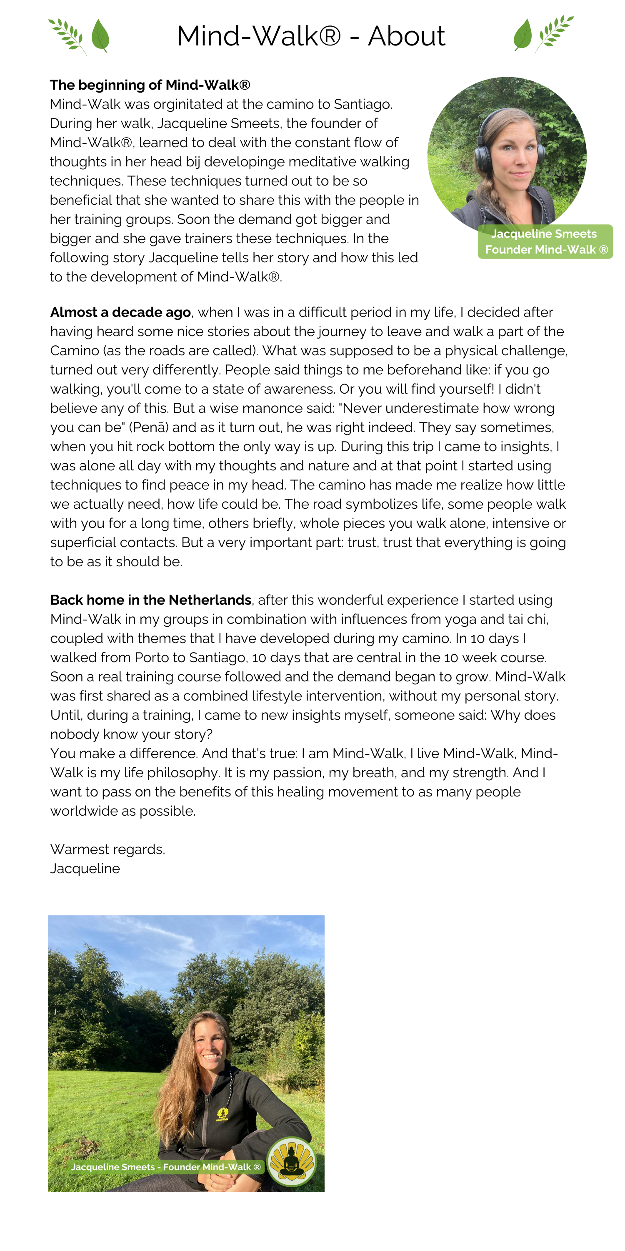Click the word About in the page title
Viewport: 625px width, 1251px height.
click(x=406, y=36)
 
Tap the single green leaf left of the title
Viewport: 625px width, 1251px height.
click(x=100, y=35)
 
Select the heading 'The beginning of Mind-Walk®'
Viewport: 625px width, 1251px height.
click(x=150, y=85)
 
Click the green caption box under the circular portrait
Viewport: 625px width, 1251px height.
click(x=545, y=241)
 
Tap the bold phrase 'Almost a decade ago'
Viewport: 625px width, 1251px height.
click(x=120, y=312)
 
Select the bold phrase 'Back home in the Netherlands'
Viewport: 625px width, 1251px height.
click(x=151, y=600)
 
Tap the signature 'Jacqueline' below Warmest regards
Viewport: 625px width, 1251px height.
click(x=85, y=869)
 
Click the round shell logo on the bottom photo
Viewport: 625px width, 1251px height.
click(x=292, y=1162)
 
